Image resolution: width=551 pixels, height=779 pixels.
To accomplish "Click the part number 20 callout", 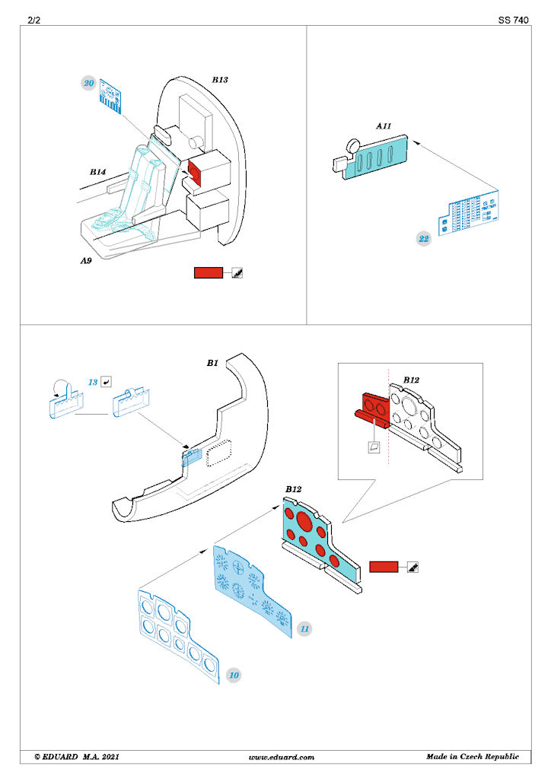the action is click(89, 83).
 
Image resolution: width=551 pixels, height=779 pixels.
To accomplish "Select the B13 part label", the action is click(220, 79).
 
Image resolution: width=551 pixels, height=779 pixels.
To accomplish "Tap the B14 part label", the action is click(98, 172).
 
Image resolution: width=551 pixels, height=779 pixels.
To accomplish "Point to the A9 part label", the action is click(87, 260).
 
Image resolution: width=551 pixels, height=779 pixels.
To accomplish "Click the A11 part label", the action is click(384, 126).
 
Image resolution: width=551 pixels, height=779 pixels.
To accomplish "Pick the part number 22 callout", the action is click(423, 239).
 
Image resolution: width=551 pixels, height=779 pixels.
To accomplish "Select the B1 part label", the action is click(212, 363).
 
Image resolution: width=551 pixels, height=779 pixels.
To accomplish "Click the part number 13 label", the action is click(93, 382).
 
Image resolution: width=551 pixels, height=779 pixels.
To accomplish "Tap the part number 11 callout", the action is click(304, 629).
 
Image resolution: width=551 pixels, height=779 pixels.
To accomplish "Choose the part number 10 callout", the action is click(234, 676).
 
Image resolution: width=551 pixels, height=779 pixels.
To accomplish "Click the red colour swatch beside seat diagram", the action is click(209, 273).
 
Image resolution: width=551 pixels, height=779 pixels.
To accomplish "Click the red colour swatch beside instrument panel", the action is click(384, 567).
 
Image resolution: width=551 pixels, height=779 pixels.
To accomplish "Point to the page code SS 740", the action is click(514, 20).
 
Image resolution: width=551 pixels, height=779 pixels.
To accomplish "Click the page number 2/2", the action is click(33, 20).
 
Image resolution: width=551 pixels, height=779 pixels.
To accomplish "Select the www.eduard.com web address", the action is click(282, 757).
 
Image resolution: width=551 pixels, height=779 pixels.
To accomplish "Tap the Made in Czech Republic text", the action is click(473, 757).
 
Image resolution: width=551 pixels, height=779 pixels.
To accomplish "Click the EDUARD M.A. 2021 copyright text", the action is click(77, 757).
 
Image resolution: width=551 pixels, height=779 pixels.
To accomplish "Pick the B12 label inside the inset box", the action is click(412, 380).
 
